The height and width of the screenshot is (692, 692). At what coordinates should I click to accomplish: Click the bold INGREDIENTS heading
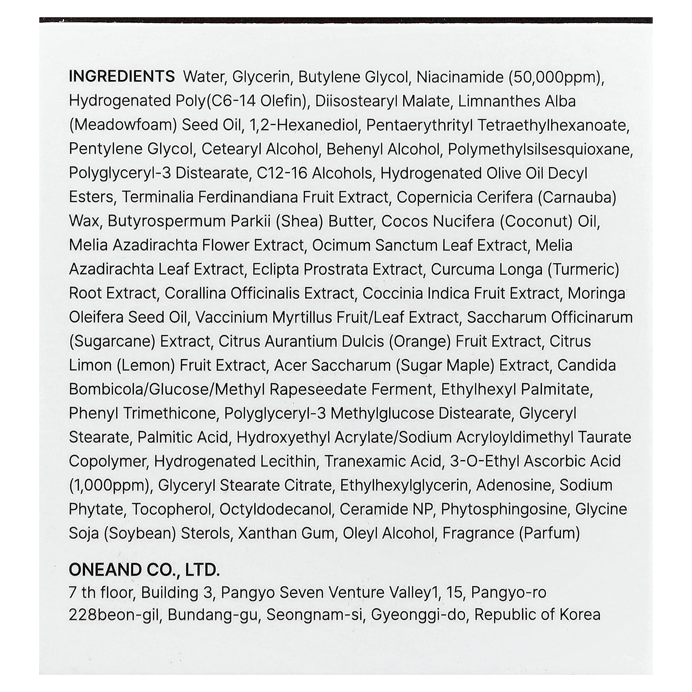[122, 77]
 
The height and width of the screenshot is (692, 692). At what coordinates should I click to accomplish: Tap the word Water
[204, 77]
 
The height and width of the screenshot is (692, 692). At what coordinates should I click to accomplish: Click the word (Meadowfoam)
[123, 125]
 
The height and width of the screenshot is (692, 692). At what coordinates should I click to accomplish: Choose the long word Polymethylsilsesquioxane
[540, 149]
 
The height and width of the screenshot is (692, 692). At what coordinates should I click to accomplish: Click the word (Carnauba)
[577, 197]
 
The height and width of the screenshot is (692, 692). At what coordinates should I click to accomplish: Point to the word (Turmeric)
[583, 269]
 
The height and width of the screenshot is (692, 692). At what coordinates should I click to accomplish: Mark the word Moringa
[596, 293]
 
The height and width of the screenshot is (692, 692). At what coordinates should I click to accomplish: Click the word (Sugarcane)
[112, 341]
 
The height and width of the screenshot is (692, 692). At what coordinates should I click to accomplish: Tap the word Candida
[586, 365]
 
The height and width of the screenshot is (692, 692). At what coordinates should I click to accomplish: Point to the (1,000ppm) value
[110, 485]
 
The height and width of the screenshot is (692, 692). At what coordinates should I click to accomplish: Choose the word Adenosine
[514, 485]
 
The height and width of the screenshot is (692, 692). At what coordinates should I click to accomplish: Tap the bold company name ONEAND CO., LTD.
[144, 570]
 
